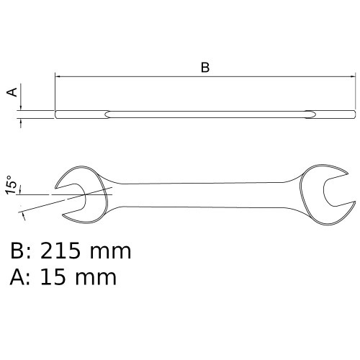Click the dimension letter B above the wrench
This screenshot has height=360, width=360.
[204, 68]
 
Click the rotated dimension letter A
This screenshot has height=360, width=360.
[12, 92]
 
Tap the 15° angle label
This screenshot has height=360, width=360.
[12, 185]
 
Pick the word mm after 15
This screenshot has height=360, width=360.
[98, 276]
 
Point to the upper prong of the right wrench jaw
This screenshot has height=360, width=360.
[325, 173]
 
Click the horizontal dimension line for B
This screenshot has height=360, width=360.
[144, 76]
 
